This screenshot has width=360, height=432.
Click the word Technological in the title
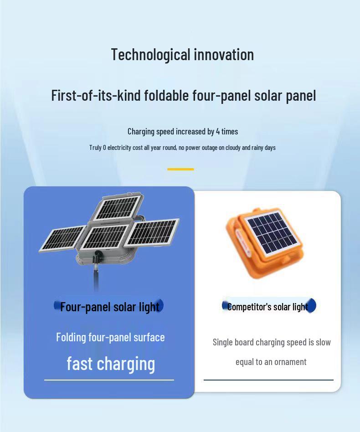point(151,55)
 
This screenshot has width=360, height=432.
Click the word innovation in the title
point(224,55)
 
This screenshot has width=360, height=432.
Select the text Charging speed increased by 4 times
point(182,132)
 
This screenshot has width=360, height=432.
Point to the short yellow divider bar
point(180,169)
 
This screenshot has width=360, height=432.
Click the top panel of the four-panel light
point(118,207)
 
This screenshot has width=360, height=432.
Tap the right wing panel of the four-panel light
point(153,231)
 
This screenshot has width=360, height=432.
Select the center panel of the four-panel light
point(105,237)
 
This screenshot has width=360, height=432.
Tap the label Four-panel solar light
point(109,307)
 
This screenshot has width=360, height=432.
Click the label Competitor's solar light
point(268,307)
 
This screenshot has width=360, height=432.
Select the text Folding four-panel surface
point(110,337)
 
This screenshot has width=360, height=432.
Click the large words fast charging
point(111,364)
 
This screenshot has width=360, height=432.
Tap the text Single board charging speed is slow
point(272,342)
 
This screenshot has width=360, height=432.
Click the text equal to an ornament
point(271,362)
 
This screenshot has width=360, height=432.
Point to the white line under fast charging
point(109,380)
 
